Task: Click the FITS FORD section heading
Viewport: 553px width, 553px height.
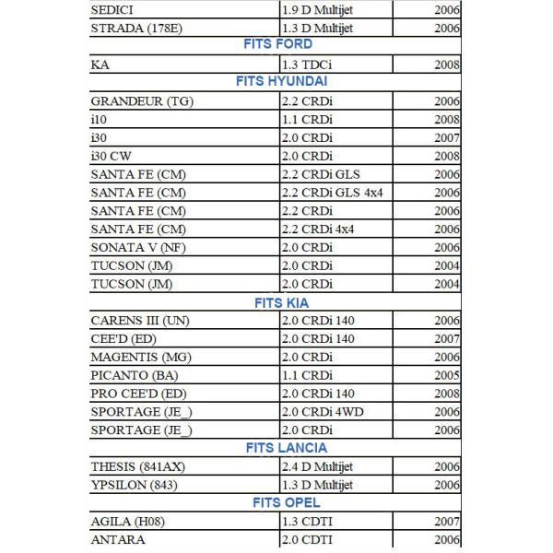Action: tap(277, 44)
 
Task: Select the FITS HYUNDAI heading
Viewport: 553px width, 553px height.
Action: tap(277, 81)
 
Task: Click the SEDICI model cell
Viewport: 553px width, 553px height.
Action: tap(116, 9)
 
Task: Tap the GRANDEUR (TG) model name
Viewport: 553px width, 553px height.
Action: tap(142, 100)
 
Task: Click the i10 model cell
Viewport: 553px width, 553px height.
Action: tap(100, 119)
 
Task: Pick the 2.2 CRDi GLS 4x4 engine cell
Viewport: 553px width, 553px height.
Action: tap(334, 193)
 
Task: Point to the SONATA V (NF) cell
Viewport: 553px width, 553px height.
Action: tap(138, 247)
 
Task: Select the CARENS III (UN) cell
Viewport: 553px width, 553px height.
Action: tap(140, 320)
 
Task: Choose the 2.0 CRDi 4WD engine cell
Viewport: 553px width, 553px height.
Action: tap(324, 411)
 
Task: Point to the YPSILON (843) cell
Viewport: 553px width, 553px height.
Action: tap(135, 485)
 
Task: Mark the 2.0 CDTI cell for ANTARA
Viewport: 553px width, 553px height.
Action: tap(308, 540)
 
